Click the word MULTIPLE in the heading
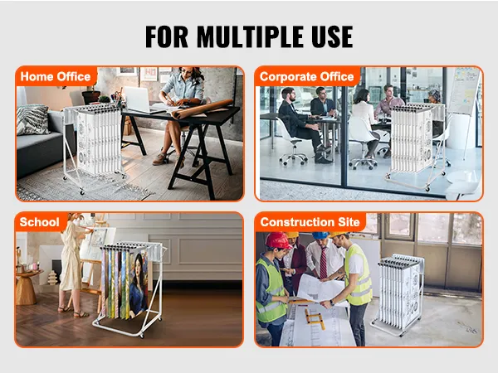click(x=249, y=36)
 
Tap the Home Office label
click(x=56, y=76)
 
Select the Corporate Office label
click(x=306, y=76)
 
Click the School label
click(x=39, y=222)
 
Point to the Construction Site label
click(x=310, y=222)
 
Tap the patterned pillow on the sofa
click(x=32, y=119)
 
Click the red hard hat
click(x=278, y=240)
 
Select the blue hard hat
click(x=320, y=235)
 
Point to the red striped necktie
click(x=324, y=263)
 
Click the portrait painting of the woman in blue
click(x=138, y=284)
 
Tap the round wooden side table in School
click(x=26, y=287)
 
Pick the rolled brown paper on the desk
click(x=202, y=109)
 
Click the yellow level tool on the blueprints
click(x=315, y=319)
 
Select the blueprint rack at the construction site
click(x=398, y=295)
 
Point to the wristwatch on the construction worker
click(x=332, y=303)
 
